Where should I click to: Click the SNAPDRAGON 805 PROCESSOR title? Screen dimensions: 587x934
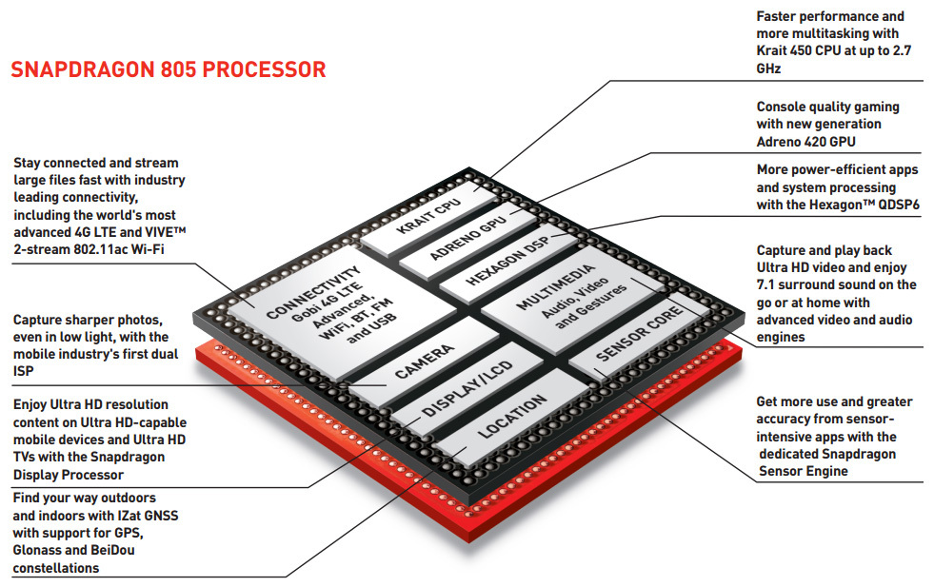tap(168, 69)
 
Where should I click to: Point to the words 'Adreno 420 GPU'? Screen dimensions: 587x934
tap(805, 142)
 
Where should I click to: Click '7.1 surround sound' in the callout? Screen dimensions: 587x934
tap(825, 284)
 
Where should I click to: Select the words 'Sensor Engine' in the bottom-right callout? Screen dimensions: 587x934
tap(802, 471)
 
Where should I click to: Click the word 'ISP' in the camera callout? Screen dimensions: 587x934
tap(24, 371)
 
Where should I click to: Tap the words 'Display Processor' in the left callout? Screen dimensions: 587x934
tap(68, 475)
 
